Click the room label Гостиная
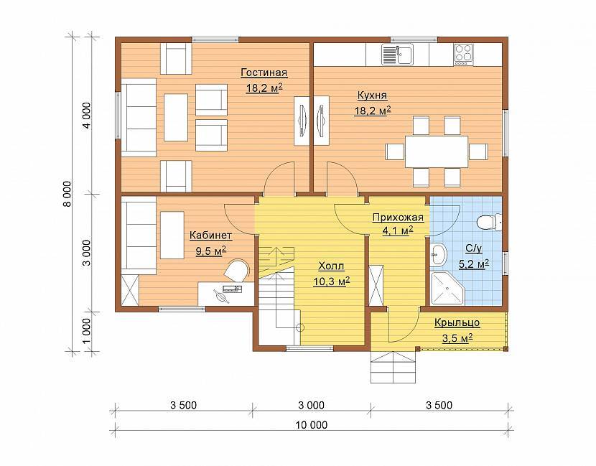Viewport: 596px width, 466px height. (264, 73)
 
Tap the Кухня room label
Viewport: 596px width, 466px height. (372, 95)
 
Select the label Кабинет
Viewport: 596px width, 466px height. (210, 236)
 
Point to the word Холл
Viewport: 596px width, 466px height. (331, 266)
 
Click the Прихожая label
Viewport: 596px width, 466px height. (398, 218)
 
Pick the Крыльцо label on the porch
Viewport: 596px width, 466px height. (457, 323)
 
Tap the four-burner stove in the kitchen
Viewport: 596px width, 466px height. (463, 55)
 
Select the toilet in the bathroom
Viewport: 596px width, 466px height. (489, 222)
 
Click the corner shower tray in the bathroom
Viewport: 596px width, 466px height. (447, 288)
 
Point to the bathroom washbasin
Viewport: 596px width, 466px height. (439, 254)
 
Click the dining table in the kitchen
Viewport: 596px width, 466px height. (437, 152)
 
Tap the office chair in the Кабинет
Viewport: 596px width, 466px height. (236, 270)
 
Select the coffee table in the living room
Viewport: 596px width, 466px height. (176, 118)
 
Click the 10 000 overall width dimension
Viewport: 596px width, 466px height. (312, 424)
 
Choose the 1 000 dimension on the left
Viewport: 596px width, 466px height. (87, 330)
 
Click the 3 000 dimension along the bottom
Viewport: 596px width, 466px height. (312, 405)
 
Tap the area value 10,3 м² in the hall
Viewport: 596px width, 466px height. (332, 281)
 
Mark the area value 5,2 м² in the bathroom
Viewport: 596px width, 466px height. (474, 264)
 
